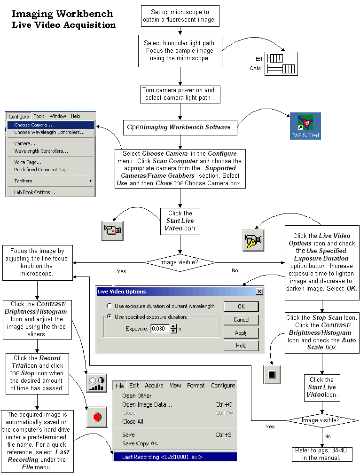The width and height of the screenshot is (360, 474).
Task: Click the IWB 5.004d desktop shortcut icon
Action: click(x=305, y=126)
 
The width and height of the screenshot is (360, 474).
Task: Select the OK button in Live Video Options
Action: click(x=241, y=307)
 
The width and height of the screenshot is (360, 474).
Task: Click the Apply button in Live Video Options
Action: click(x=241, y=333)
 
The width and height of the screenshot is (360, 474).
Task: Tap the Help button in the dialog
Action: click(x=241, y=346)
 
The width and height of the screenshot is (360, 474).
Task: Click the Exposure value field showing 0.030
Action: click(x=160, y=329)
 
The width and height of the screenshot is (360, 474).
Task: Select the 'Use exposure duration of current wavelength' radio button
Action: click(x=110, y=306)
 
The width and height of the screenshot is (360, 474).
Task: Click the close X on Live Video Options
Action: click(x=259, y=292)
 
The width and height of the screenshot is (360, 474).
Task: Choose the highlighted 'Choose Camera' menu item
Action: click(x=51, y=125)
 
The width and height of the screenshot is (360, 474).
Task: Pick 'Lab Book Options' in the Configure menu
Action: click(x=34, y=192)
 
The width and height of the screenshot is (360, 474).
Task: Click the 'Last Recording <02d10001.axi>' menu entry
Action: click(x=175, y=457)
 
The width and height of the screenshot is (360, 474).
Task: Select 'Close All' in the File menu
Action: click(x=133, y=421)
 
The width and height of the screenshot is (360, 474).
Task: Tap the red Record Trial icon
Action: click(x=97, y=417)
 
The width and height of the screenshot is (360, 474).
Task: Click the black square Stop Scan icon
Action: click(x=272, y=374)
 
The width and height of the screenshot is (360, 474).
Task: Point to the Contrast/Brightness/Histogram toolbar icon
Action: click(x=97, y=383)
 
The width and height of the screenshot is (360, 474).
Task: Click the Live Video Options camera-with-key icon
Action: click(x=253, y=240)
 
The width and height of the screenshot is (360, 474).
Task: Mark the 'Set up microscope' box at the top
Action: click(x=180, y=16)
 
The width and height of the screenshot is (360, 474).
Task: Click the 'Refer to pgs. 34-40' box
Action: click(x=322, y=454)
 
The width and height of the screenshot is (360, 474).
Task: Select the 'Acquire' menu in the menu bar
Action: click(x=154, y=386)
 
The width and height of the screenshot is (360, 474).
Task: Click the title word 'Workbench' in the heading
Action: click(x=85, y=14)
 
